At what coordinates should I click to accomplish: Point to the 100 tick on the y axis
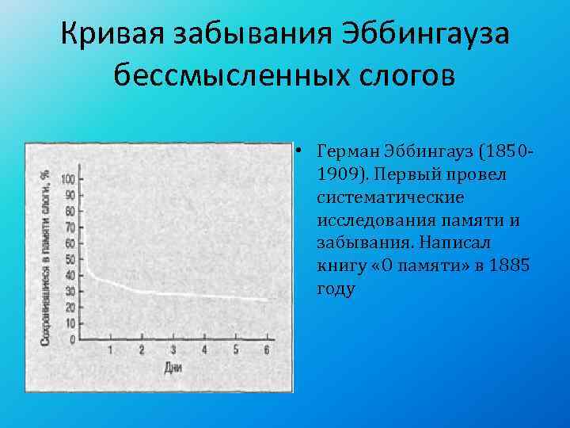click(69, 178)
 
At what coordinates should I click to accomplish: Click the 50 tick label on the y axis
click(70, 260)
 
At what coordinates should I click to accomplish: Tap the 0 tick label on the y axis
click(73, 340)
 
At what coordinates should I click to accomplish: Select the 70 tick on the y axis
click(70, 227)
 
